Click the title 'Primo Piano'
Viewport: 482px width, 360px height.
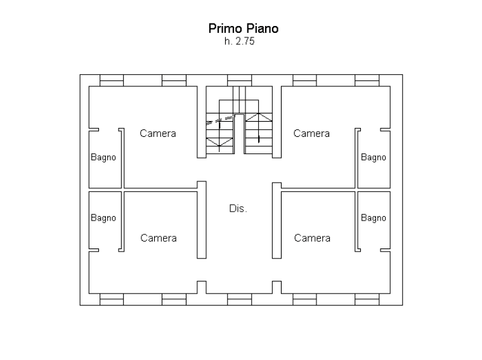(244, 29)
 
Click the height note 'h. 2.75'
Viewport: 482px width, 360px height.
(240, 42)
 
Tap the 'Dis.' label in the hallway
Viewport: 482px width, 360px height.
(238, 209)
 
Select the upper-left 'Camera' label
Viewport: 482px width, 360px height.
(158, 134)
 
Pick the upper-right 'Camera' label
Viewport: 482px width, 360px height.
(311, 134)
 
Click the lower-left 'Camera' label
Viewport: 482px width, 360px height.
(158, 238)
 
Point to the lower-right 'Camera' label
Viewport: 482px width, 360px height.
(312, 238)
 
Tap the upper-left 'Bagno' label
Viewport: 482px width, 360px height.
(103, 157)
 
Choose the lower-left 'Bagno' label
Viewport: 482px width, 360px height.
(103, 218)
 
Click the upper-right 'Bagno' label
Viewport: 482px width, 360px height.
(374, 157)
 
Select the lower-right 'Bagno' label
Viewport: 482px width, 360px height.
(374, 218)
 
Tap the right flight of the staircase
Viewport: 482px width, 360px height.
(259, 127)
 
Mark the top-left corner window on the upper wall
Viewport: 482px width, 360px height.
(112, 80)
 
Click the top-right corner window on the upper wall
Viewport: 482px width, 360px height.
(367, 80)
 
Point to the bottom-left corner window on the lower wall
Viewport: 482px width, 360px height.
(112, 299)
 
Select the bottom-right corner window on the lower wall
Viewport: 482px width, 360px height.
(367, 299)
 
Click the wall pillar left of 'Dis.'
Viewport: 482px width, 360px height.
(202, 220)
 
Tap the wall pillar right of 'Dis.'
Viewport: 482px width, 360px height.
(277, 220)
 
